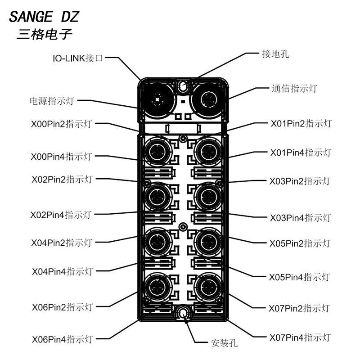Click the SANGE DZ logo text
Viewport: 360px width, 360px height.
click(x=44, y=17)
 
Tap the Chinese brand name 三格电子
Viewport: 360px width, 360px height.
click(x=45, y=35)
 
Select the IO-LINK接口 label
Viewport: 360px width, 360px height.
click(x=78, y=58)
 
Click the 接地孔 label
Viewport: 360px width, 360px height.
click(x=275, y=54)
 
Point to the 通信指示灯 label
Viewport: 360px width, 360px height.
click(x=295, y=88)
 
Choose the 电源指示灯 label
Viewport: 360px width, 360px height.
click(x=52, y=101)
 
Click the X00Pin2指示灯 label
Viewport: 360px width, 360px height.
click(x=62, y=124)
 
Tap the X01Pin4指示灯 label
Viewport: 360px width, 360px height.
click(x=301, y=153)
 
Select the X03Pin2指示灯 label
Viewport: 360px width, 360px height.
click(x=300, y=181)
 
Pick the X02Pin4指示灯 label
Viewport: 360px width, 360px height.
click(x=61, y=215)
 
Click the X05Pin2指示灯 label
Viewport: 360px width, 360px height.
click(x=300, y=243)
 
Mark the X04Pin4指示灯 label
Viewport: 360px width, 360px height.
click(x=63, y=272)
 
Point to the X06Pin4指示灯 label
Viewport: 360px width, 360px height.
click(x=63, y=339)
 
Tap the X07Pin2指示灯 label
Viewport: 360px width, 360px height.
click(x=299, y=308)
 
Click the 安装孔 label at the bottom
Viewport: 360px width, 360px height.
click(x=224, y=343)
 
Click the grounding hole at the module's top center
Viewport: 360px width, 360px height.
click(x=183, y=86)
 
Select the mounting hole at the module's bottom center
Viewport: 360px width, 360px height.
click(x=183, y=313)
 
